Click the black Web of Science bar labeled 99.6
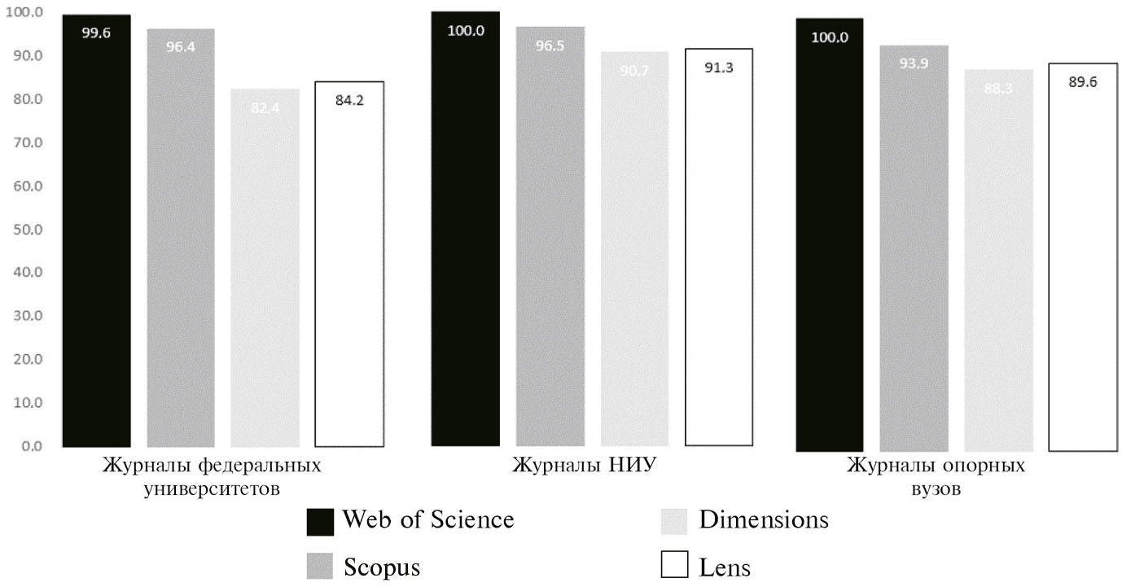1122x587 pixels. tap(96, 236)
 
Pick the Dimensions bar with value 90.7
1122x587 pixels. tap(635, 252)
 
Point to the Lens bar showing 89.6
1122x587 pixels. tap(1083, 261)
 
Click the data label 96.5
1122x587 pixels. tap(550, 46)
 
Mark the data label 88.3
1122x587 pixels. tap(997, 90)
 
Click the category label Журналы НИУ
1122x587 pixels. tap(585, 467)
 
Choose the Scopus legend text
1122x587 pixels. tap(381, 567)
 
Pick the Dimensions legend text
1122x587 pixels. tap(763, 520)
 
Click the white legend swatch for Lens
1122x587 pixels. tap(674, 565)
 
